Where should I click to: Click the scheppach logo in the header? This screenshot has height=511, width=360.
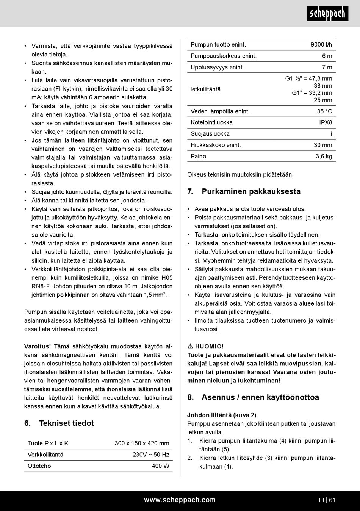click(327, 14)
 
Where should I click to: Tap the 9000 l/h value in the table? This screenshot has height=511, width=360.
click(321, 45)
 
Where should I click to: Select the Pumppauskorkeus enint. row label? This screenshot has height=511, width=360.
click(224, 56)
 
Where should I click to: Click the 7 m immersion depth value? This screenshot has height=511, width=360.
click(327, 67)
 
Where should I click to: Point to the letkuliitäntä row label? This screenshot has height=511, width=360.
click(205, 89)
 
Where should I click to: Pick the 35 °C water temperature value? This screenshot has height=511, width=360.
click(324, 111)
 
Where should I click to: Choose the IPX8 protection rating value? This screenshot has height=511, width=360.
click(326, 122)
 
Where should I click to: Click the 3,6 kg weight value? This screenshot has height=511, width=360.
click(324, 157)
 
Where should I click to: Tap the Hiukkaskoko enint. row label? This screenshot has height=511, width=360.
click(216, 145)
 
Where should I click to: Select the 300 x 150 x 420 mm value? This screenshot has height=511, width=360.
click(142, 444)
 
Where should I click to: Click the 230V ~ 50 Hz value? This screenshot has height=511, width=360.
click(151, 455)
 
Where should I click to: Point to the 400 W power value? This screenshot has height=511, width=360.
click(160, 466)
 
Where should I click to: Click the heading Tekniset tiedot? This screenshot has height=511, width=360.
click(66, 423)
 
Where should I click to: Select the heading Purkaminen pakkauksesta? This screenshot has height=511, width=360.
click(251, 191)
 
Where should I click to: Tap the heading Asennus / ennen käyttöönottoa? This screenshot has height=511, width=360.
click(260, 397)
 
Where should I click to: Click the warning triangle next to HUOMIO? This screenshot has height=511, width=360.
click(190, 346)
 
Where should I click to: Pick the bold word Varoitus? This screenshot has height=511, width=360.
click(38, 346)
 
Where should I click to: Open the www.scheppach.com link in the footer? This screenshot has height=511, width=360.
click(180, 500)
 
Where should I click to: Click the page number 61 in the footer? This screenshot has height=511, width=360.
click(332, 500)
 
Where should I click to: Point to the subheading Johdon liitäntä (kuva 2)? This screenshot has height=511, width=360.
click(222, 415)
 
